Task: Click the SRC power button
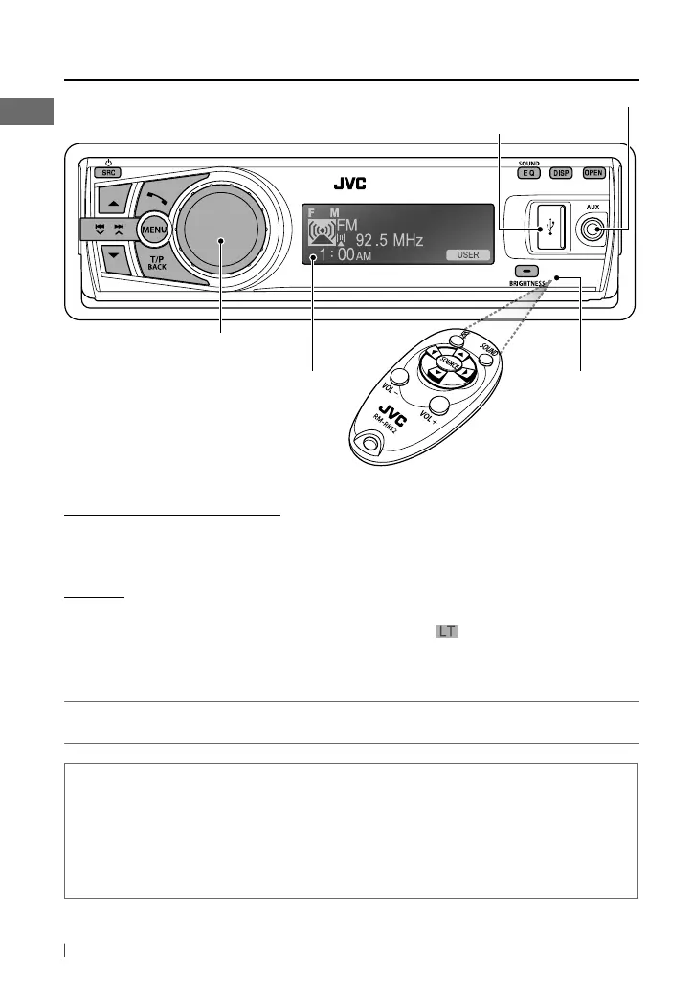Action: [x=106, y=174]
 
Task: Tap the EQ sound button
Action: [x=528, y=173]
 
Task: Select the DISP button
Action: [x=561, y=173]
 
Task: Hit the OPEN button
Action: [x=594, y=173]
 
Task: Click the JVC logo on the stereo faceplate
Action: [x=349, y=184]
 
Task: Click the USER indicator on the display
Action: [x=467, y=255]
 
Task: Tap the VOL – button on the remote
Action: [x=400, y=378]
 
